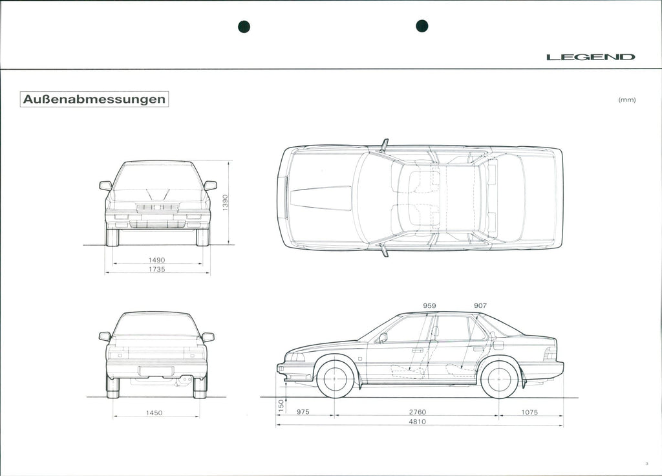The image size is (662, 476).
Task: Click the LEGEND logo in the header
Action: pyautogui.click(x=590, y=57)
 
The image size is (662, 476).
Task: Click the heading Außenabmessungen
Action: pyautogui.click(x=94, y=100)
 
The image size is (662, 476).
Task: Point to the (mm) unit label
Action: pyautogui.click(x=627, y=100)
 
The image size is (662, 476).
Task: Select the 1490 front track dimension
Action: pyautogui.click(x=157, y=260)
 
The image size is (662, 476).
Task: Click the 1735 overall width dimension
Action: pyautogui.click(x=157, y=269)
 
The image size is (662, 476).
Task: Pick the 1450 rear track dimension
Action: pyautogui.click(x=154, y=413)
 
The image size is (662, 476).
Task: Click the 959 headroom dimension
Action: pyautogui.click(x=429, y=305)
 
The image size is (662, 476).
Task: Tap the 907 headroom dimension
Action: pyautogui.click(x=480, y=305)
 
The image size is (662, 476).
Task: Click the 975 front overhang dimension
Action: pyautogui.click(x=303, y=412)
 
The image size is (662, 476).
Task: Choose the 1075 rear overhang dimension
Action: pyautogui.click(x=529, y=412)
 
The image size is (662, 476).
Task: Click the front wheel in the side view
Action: pyautogui.click(x=336, y=379)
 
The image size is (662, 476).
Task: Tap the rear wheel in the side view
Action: pyautogui.click(x=500, y=379)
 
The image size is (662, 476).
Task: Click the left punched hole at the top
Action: pyautogui.click(x=244, y=27)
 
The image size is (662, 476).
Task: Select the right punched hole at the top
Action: pyautogui.click(x=422, y=26)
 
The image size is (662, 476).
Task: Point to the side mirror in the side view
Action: pyautogui.click(x=383, y=338)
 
